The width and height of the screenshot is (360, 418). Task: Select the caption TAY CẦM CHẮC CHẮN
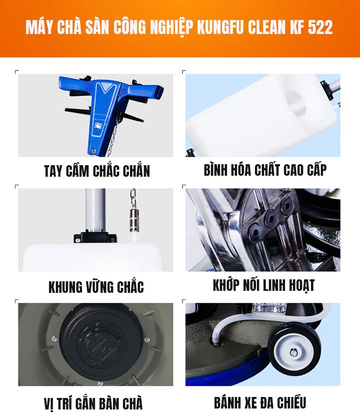tap(96, 171)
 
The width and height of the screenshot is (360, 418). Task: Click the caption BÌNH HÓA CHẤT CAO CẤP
tap(265, 170)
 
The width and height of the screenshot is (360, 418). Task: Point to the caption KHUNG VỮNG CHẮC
tap(96, 287)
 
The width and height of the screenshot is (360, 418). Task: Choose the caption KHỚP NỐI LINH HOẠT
tap(263, 285)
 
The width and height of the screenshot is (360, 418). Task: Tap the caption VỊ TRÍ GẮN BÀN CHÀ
tap(93, 403)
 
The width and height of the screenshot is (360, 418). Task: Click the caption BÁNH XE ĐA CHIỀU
tap(260, 402)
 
